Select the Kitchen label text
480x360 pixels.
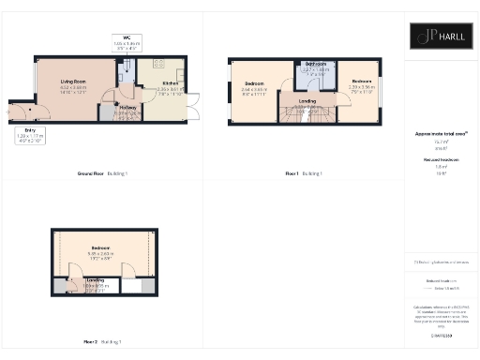point(144,83)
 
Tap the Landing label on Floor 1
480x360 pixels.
point(307,101)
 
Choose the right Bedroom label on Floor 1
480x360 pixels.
point(362,82)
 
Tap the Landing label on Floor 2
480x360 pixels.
point(95,279)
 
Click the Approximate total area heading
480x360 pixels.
point(440,134)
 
